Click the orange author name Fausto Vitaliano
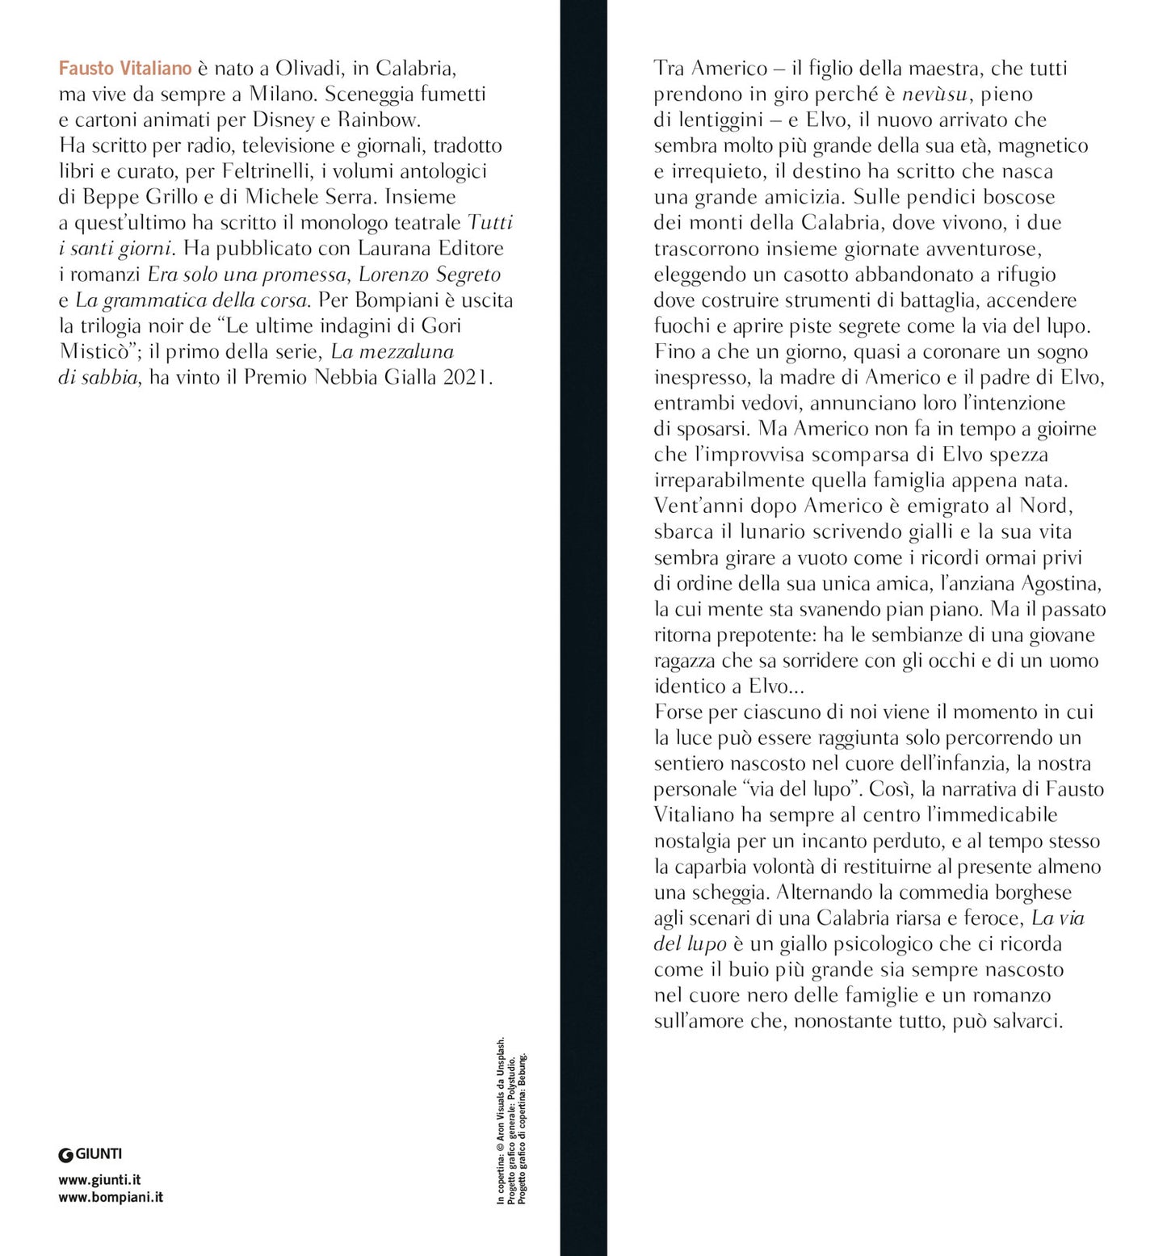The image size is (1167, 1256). [125, 68]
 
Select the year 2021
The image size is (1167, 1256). [465, 377]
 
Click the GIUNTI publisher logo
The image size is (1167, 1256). [90, 1154]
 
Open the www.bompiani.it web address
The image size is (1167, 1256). [111, 1197]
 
